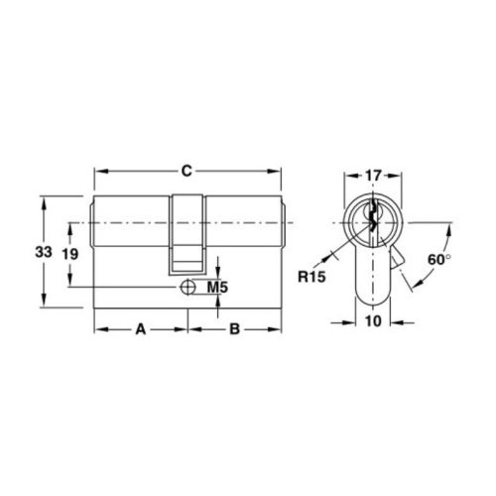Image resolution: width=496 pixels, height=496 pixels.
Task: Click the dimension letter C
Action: [186, 172]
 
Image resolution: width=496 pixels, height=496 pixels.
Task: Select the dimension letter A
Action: [141, 328]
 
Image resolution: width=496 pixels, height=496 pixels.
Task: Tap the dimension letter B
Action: [234, 328]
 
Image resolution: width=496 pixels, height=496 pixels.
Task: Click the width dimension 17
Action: [373, 176]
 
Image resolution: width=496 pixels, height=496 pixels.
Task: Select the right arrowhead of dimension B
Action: [279, 328]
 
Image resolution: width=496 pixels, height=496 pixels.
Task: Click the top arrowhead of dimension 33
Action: [43, 199]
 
